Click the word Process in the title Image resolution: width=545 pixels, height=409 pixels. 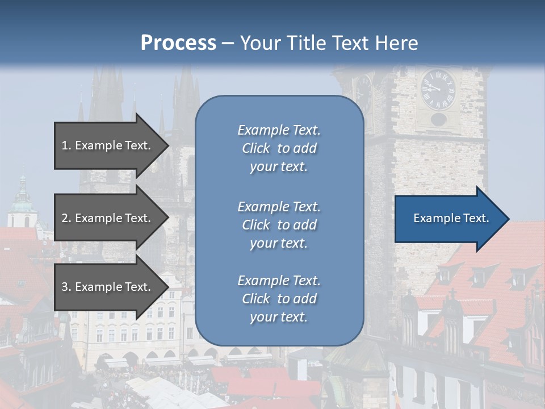coord(178,43)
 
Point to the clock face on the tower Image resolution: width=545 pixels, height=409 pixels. coord(438,89)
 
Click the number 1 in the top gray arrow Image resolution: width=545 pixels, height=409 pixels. coord(65,145)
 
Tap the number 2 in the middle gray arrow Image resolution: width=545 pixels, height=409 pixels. coord(65,218)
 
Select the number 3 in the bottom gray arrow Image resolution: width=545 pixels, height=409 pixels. coord(65,287)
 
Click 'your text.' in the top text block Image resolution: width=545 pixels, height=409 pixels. coord(278,167)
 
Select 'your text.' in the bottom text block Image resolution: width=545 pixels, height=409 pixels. coord(278,318)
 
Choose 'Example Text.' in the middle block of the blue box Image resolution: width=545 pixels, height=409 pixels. coord(279,207)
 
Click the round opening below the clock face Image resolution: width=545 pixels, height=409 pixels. coord(438,119)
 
